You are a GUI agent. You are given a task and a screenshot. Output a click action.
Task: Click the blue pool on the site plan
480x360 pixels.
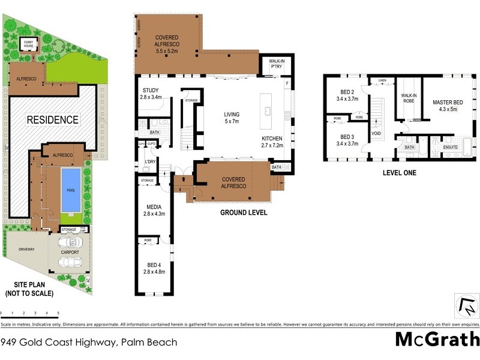point(70,190)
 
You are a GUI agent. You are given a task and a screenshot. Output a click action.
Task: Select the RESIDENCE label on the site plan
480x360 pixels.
point(53,119)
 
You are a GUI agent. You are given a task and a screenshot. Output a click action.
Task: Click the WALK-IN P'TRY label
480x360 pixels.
point(275,64)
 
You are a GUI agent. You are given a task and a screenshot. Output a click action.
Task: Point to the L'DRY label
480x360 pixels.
point(151,163)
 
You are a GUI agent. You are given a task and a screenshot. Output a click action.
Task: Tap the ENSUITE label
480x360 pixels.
point(450,147)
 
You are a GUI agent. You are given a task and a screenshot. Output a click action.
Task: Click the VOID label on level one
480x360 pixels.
point(376,133)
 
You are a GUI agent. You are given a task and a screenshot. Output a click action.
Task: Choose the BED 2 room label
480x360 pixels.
point(347,94)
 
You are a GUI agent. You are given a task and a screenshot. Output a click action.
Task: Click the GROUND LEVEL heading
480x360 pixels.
point(243,213)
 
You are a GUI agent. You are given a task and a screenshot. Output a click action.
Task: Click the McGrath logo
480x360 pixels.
point(437,339)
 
